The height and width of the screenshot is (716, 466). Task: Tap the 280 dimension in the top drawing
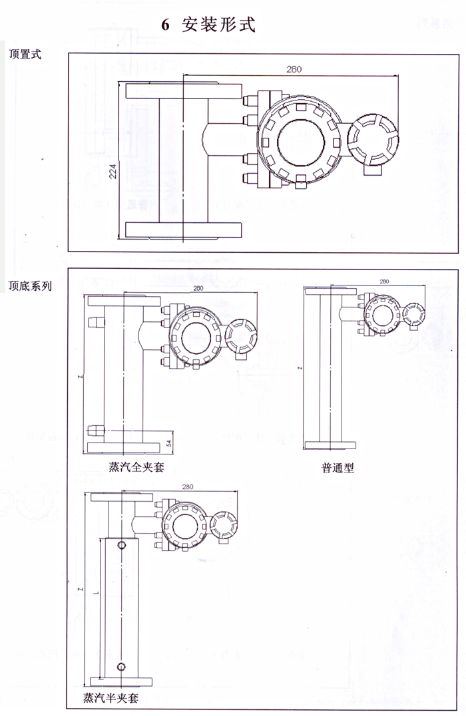coord(294,69)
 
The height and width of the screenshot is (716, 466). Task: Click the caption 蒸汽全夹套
coord(136,467)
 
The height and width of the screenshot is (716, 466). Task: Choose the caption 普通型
coord(338,468)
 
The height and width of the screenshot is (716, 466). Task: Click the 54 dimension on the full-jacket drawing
coord(169,442)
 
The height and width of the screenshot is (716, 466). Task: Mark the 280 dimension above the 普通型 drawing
coord(383,281)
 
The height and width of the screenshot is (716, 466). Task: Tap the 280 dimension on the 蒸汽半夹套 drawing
coord(186,487)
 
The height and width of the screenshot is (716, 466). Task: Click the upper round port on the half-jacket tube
coord(122,546)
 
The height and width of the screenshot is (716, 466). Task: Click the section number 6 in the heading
coord(166,25)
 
